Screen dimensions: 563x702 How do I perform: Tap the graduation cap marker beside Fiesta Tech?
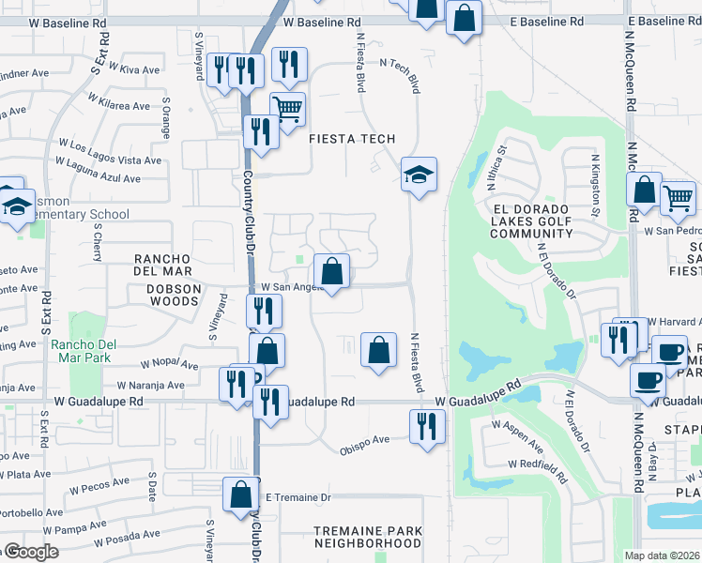(420, 175)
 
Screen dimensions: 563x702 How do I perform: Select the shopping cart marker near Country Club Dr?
(287, 110)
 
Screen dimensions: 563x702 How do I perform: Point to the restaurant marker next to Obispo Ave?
(427, 427)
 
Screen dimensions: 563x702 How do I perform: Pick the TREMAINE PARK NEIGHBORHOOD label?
(367, 537)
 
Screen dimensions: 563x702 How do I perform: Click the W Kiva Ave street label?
(134, 68)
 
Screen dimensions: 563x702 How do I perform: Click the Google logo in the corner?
(30, 552)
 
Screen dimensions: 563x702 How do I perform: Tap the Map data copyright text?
(662, 555)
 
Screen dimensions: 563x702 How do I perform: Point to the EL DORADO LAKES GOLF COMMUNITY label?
(530, 220)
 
